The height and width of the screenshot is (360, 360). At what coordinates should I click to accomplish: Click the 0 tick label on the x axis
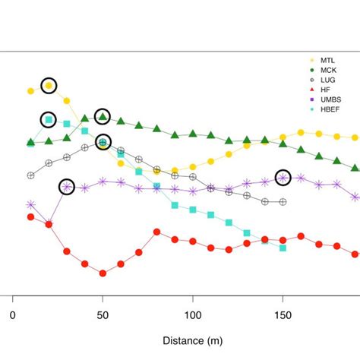12,314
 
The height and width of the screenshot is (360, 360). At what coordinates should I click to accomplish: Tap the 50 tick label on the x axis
103,314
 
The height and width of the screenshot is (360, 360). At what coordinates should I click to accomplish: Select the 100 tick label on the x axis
193,314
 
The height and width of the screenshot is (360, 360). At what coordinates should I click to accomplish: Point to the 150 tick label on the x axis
283,314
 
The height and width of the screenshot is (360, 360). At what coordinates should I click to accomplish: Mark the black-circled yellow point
49,86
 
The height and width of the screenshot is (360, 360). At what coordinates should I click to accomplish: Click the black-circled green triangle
103,116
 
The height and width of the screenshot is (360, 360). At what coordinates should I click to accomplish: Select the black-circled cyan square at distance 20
49,119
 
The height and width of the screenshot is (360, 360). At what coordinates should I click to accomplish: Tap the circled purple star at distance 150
283,178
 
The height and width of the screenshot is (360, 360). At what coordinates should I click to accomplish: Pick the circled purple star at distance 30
67,186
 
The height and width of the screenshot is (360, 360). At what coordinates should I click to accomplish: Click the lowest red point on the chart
103,273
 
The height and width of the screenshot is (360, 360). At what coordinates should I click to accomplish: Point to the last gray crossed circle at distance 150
283,202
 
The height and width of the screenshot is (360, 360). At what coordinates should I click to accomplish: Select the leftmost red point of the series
30,216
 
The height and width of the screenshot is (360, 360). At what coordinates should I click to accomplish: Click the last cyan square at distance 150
283,248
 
